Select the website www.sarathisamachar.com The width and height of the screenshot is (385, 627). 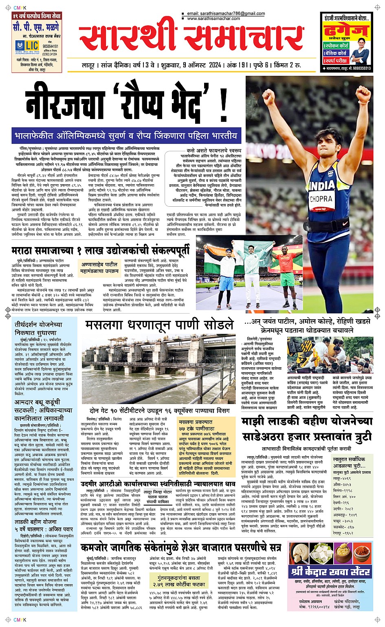(x=213, y=19)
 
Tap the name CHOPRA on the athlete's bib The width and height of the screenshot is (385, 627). (x=321, y=199)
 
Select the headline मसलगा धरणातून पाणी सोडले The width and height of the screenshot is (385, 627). (x=159, y=325)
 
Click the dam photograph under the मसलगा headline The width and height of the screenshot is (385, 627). (x=159, y=367)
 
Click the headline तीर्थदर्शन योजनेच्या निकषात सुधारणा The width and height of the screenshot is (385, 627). (x=39, y=329)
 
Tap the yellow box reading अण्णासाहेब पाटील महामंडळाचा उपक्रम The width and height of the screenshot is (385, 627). (x=100, y=267)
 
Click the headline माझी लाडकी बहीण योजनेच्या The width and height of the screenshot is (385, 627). (x=307, y=422)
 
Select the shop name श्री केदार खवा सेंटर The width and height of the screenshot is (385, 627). (x=330, y=572)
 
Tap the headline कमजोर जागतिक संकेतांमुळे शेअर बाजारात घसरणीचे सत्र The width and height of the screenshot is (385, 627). (x=180, y=547)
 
